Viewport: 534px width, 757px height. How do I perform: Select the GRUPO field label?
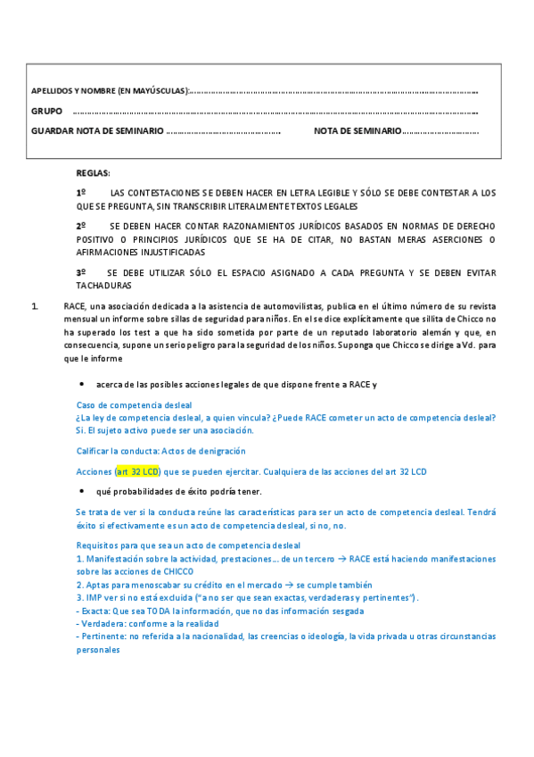click(46, 112)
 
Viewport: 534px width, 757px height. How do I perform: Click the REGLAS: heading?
click(93, 173)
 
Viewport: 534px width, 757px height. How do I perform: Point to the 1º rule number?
click(80, 193)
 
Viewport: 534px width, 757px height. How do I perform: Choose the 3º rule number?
click(80, 272)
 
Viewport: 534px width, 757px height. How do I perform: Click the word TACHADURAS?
click(103, 286)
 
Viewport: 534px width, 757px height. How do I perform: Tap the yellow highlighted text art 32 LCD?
click(132, 471)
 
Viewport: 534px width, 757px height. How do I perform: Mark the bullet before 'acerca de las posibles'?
click(82, 385)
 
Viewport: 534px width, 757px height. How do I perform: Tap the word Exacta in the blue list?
click(96, 611)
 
